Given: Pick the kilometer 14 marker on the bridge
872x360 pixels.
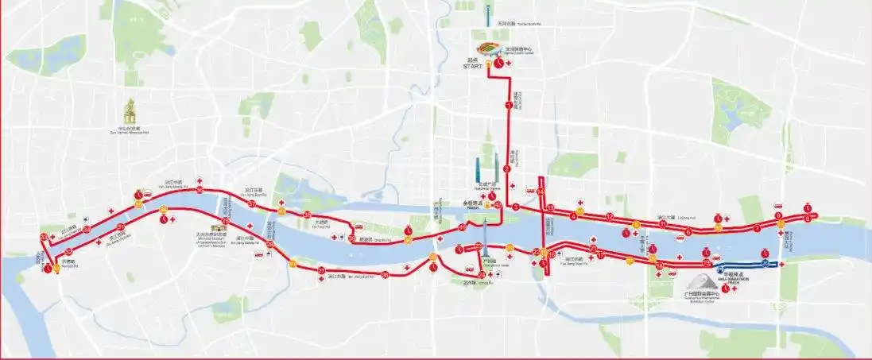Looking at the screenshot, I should (x=541, y=192).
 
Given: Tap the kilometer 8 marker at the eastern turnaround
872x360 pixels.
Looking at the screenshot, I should (x=807, y=218).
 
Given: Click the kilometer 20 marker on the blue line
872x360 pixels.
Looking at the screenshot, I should (x=765, y=263).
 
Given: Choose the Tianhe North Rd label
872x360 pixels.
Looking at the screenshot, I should (x=533, y=24).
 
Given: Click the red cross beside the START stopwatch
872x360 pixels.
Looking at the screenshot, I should (x=507, y=62).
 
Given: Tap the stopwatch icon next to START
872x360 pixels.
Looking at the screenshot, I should (x=498, y=63).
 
